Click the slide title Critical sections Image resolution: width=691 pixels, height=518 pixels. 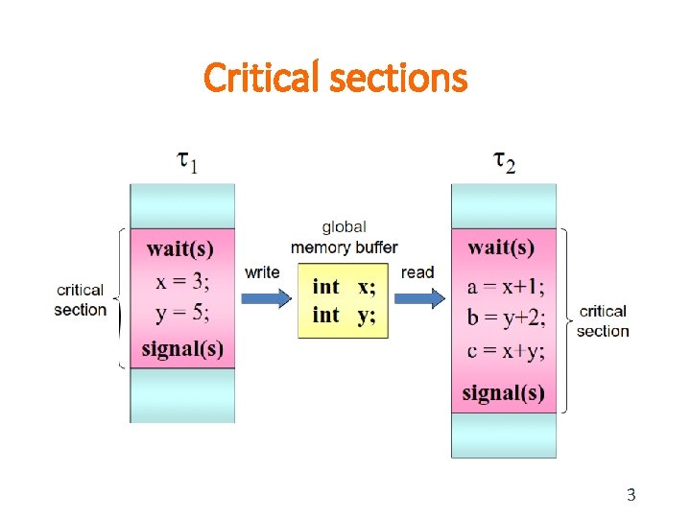pyautogui.click(x=335, y=78)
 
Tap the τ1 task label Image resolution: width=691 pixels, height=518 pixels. pyautogui.click(x=188, y=160)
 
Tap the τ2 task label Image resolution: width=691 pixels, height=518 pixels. pyautogui.click(x=504, y=160)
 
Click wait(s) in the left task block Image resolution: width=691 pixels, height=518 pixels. pyautogui.click(x=180, y=248)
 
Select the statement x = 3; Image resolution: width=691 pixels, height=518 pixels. pyautogui.click(x=182, y=283)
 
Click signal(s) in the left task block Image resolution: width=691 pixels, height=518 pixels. pyautogui.click(x=182, y=349)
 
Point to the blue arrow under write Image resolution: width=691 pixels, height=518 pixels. pyautogui.click(x=264, y=299)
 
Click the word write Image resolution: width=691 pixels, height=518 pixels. pyautogui.click(x=262, y=272)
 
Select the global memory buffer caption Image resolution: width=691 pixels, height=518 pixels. pyautogui.click(x=344, y=238)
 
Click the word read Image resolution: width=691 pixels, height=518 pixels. pyautogui.click(x=417, y=272)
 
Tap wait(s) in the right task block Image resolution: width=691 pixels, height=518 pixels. pyautogui.click(x=501, y=248)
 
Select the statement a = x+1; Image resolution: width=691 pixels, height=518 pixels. pyautogui.click(x=505, y=288)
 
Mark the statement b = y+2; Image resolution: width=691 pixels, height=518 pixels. pyautogui.click(x=505, y=319)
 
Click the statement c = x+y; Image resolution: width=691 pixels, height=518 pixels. pyautogui.click(x=505, y=352)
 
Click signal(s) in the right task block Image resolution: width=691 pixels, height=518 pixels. pyautogui.click(x=503, y=392)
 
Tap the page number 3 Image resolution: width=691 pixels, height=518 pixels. pyautogui.click(x=631, y=495)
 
